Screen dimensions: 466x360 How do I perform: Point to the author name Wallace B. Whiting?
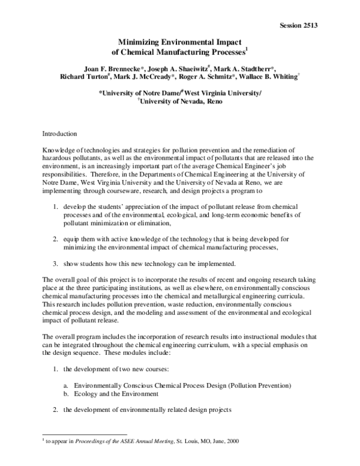tap(292, 77)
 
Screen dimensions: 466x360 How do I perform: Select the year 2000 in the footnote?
tap(231, 440)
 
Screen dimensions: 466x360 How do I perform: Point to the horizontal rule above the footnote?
tap(85, 434)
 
